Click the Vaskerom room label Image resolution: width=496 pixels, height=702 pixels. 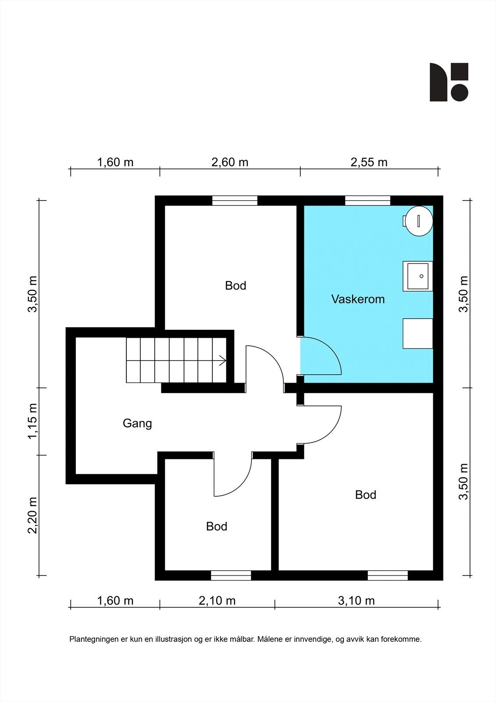[358, 299]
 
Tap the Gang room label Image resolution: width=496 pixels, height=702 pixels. [137, 423]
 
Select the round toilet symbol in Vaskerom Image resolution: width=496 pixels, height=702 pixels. [418, 221]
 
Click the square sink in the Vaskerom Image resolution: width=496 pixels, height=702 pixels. [417, 276]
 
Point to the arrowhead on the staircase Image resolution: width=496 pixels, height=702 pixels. [223, 360]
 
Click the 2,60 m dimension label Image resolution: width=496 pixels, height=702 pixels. [230, 162]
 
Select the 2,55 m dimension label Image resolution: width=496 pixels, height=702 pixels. [369, 162]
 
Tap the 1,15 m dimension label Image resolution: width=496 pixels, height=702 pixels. [32, 421]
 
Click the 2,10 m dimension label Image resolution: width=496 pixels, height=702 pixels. [217, 601]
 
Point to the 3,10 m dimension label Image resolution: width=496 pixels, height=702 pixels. [356, 601]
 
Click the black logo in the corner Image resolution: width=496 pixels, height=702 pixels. [449, 82]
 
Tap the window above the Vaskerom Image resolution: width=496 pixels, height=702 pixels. [368, 201]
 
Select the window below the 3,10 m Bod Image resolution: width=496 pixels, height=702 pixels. [388, 575]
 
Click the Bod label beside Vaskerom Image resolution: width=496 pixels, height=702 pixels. [236, 286]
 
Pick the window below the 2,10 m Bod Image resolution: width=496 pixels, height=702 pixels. [231, 575]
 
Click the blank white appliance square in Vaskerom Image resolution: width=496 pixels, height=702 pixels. [417, 333]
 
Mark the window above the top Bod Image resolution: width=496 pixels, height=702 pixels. [235, 201]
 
